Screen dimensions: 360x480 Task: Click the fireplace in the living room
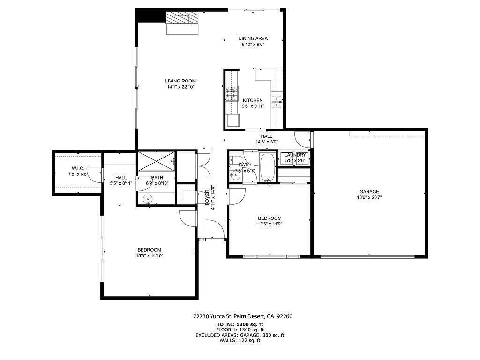tap(182, 18)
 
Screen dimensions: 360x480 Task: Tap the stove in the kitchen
tap(232, 94)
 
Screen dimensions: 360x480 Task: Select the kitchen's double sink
tap(277, 102)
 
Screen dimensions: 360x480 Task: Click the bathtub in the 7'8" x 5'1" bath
tap(267, 167)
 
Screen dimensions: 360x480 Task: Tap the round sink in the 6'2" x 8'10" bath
tap(149, 199)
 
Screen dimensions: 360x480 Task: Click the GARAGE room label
tap(369, 191)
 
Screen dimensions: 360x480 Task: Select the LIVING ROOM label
tap(180, 81)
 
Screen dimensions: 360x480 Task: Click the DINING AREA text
tap(253, 38)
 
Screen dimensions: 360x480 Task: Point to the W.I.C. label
tap(78, 168)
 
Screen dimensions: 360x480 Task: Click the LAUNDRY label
tap(295, 155)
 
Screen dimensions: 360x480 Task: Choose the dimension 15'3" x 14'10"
tap(150, 255)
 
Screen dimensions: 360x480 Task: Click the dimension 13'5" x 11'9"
tap(270, 224)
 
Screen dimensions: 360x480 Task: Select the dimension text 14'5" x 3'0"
tap(267, 142)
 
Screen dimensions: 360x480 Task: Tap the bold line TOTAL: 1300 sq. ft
tap(240, 324)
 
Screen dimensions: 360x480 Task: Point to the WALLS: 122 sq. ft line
tap(240, 340)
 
